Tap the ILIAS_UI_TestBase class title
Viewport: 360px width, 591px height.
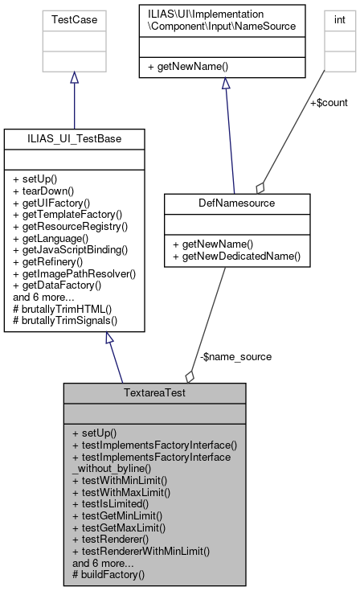click(x=74, y=138)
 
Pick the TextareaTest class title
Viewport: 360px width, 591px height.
click(x=154, y=393)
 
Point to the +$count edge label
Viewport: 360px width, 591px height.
click(x=329, y=102)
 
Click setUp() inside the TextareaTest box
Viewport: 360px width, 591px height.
click(x=94, y=432)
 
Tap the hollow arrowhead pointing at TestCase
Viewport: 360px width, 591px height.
click(x=74, y=78)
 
